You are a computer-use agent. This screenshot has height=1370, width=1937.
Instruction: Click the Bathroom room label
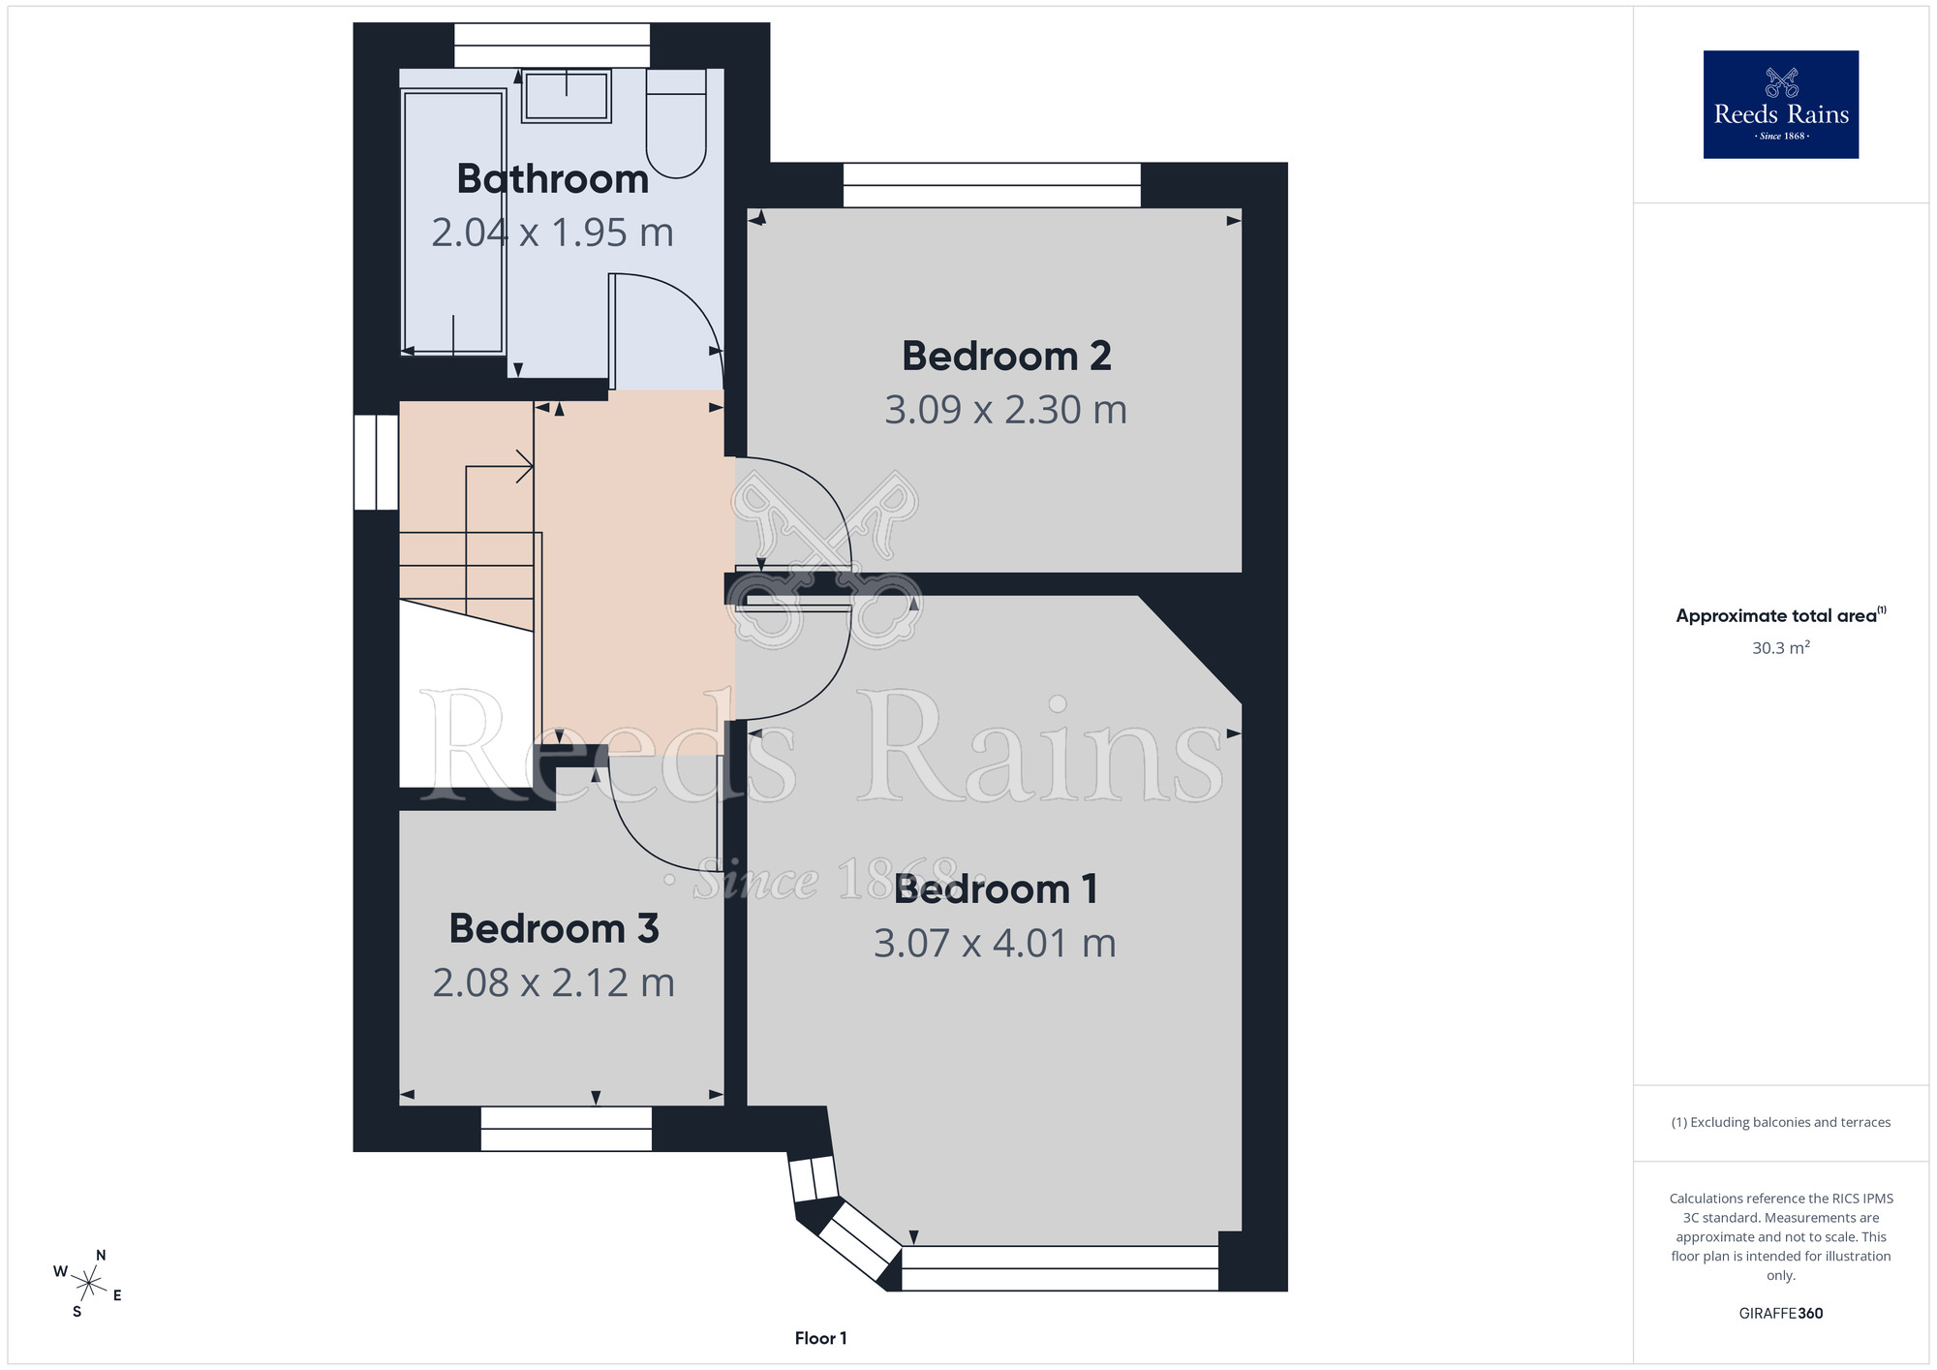[x=553, y=179]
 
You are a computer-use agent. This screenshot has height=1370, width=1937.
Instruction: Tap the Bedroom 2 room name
[x=1006, y=357]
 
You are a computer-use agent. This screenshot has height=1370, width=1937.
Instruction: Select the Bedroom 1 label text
[x=996, y=889]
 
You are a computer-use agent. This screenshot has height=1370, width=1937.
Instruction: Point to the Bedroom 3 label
[x=554, y=928]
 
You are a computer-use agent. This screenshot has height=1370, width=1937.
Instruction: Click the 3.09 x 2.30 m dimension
[x=1006, y=410]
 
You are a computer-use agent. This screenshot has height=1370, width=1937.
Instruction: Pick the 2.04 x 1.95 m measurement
[x=553, y=233]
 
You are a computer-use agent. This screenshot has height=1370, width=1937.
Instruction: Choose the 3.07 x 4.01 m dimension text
[x=996, y=943]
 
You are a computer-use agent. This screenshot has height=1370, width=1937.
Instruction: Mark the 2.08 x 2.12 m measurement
[x=554, y=982]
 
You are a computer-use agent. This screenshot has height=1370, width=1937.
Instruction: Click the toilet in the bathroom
[x=676, y=123]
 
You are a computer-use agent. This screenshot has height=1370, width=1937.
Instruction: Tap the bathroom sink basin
[x=567, y=96]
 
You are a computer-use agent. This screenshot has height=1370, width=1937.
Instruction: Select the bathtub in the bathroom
[x=453, y=222]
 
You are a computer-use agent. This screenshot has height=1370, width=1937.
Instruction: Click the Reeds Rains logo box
[x=1781, y=105]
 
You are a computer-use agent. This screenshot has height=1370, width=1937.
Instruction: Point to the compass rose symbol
[x=89, y=1285]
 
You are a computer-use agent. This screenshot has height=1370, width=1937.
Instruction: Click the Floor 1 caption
[x=821, y=1338]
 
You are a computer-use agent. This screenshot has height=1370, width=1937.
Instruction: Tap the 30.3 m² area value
[x=1781, y=647]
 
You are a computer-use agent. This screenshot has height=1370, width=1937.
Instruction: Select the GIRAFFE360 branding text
[x=1781, y=1314]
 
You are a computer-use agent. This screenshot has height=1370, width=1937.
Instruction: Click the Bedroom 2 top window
[x=993, y=185]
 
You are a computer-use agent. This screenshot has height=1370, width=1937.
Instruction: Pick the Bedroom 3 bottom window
[x=567, y=1129]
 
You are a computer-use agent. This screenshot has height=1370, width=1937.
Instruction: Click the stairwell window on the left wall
[x=377, y=462]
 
